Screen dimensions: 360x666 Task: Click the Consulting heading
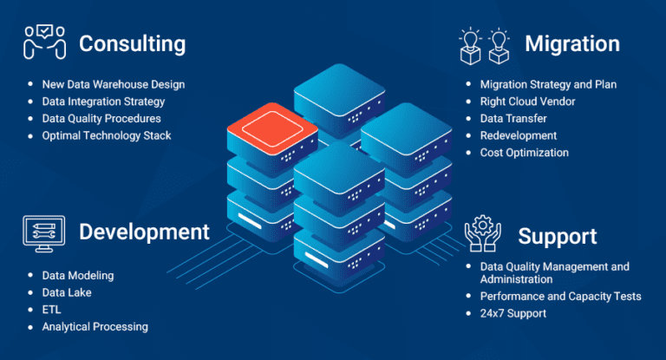(133, 43)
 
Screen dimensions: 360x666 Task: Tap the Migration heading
(571, 43)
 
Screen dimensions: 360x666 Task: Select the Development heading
(144, 232)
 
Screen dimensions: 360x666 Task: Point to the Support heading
(558, 236)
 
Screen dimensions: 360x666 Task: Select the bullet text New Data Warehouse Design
(114, 85)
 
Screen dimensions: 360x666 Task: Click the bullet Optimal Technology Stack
(107, 135)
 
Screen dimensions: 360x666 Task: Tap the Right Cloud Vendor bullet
(527, 101)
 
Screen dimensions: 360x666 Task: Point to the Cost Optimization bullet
(525, 153)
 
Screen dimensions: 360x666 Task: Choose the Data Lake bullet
(67, 292)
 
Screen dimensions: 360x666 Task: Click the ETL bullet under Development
(51, 310)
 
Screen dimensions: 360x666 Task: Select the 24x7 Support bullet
(513, 313)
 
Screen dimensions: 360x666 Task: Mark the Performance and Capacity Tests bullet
(560, 297)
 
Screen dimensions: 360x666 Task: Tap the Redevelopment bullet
(519, 135)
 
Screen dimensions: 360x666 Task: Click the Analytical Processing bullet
(95, 327)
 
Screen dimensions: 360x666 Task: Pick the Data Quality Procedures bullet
(101, 119)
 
